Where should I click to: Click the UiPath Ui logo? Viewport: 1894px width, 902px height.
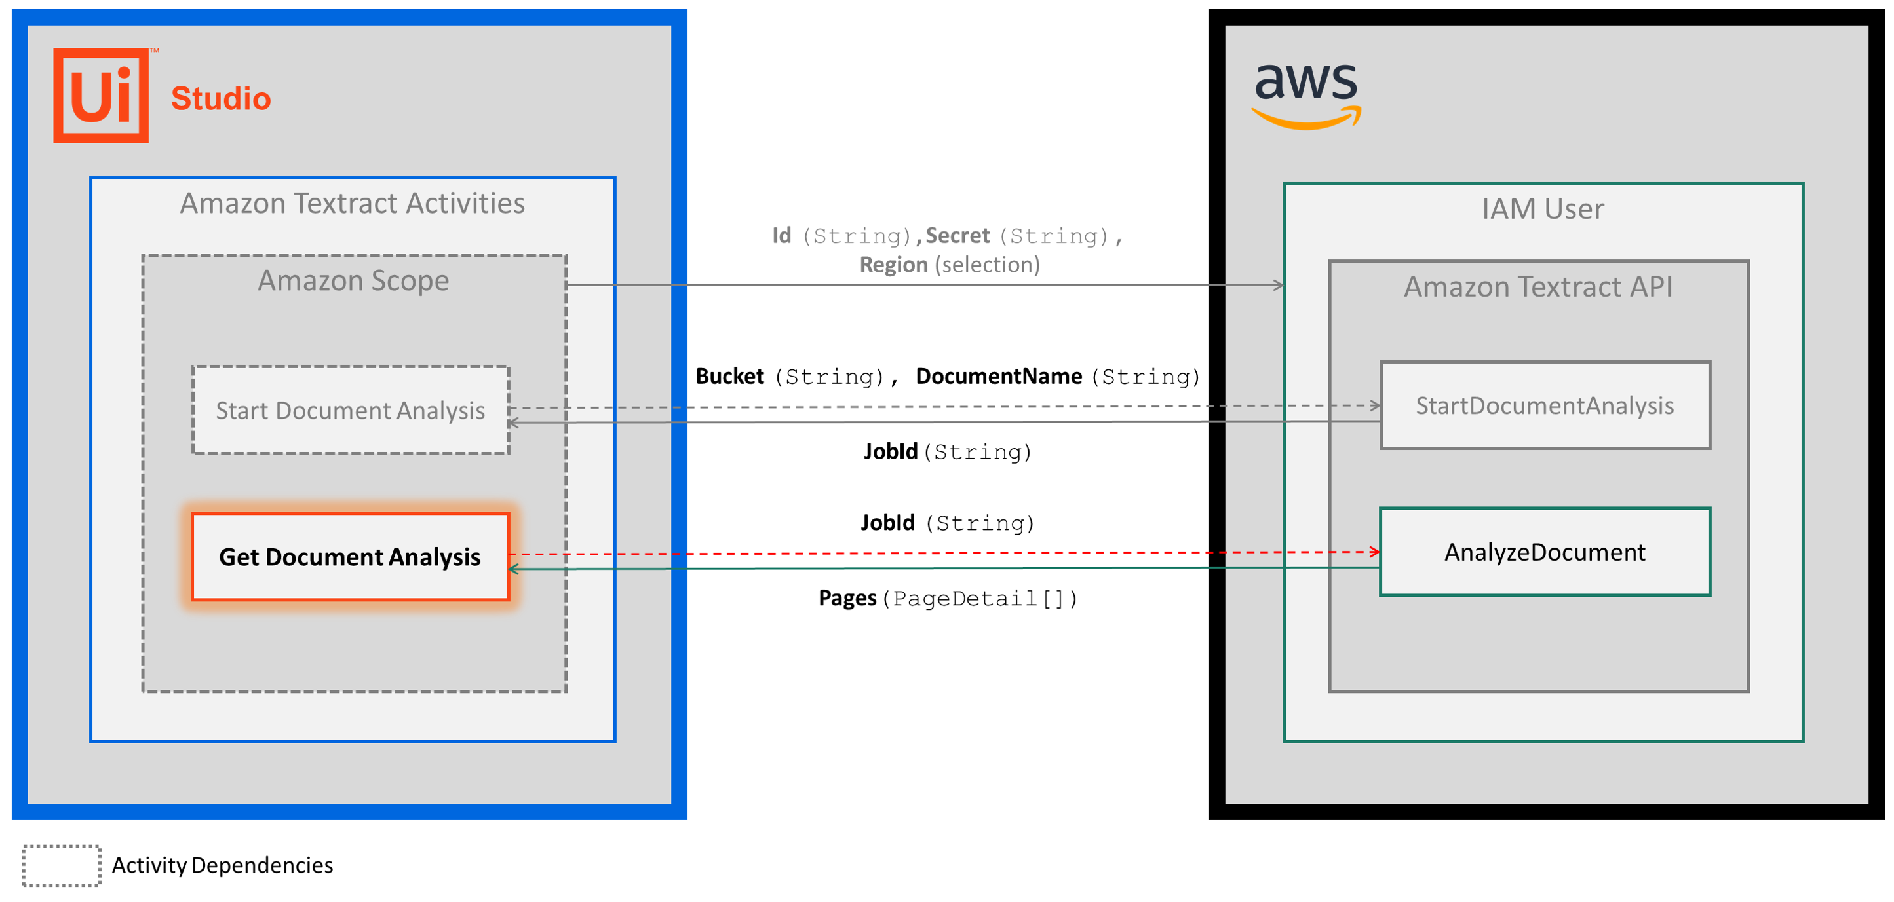pos(101,96)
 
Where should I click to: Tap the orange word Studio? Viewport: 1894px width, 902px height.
pos(221,98)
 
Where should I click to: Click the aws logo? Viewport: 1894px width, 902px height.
pos(1305,94)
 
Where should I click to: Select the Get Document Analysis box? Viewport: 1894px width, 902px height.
pos(350,557)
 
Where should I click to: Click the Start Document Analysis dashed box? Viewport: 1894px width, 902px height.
pos(350,410)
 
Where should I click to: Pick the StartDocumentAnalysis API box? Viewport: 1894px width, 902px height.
pos(1545,405)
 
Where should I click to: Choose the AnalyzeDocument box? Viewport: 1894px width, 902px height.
pos(1545,552)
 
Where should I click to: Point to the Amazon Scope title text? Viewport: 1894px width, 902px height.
pos(353,280)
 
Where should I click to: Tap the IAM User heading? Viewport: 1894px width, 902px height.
pos(1543,209)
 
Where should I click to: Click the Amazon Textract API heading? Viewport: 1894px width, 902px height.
pos(1538,287)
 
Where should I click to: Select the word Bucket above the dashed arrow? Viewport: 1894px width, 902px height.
pos(729,377)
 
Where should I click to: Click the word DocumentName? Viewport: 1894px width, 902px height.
pos(999,377)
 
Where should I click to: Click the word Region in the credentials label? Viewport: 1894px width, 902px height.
pos(893,265)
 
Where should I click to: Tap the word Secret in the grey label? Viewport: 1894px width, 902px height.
pos(957,235)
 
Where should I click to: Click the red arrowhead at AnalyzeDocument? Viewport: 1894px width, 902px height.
pos(1374,552)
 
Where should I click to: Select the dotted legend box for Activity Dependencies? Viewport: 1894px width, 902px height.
pos(62,865)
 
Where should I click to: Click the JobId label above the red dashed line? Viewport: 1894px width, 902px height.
pos(887,523)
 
